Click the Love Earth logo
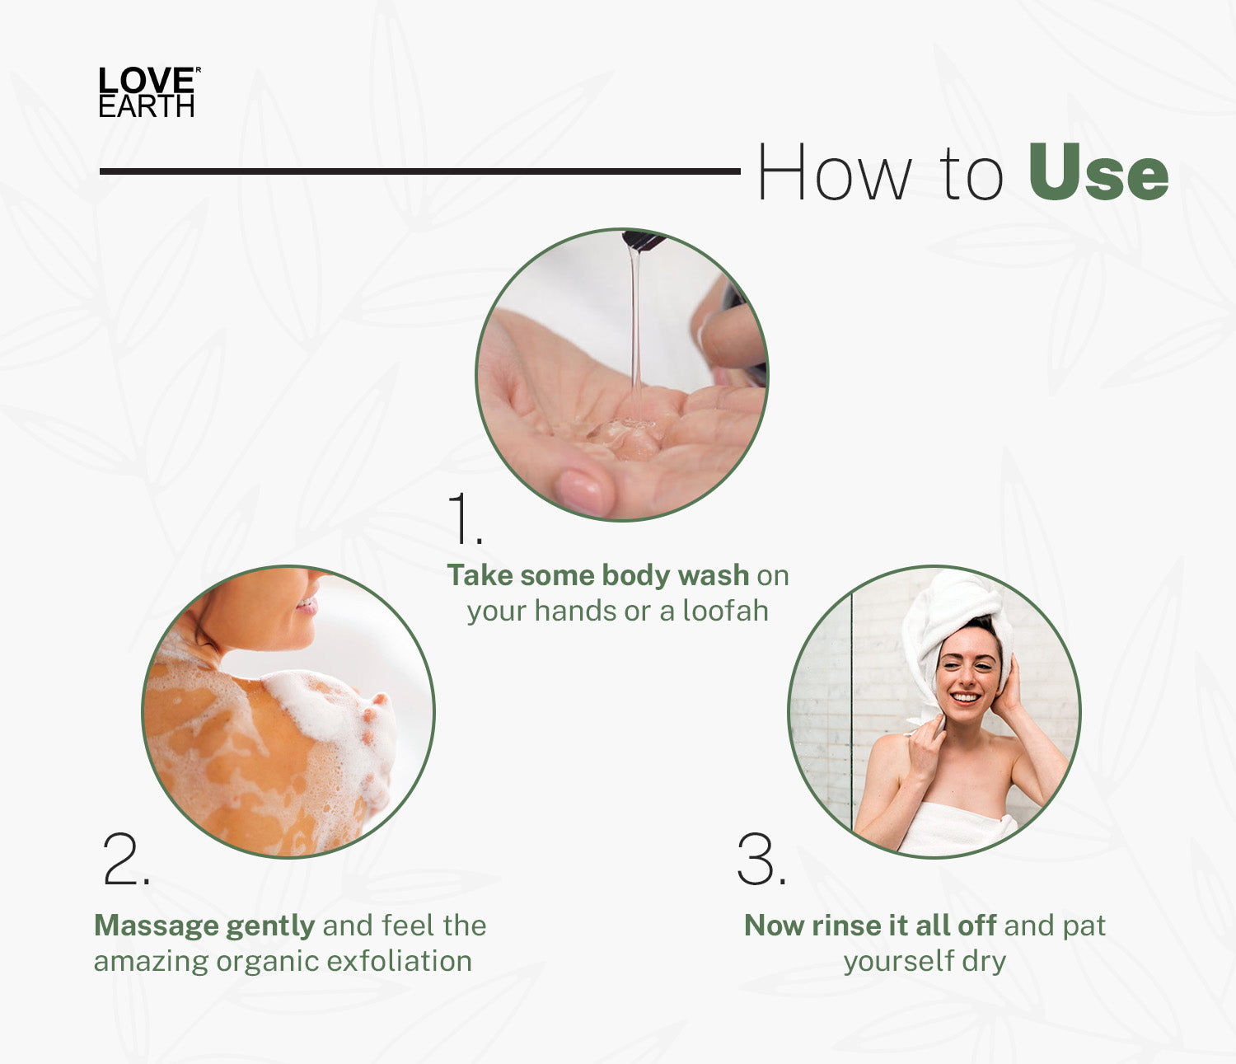149,91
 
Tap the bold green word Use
1098,172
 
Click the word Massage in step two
157,926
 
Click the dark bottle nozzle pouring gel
644,240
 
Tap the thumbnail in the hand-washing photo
579,489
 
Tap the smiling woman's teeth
965,697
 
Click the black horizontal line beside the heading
419,171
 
